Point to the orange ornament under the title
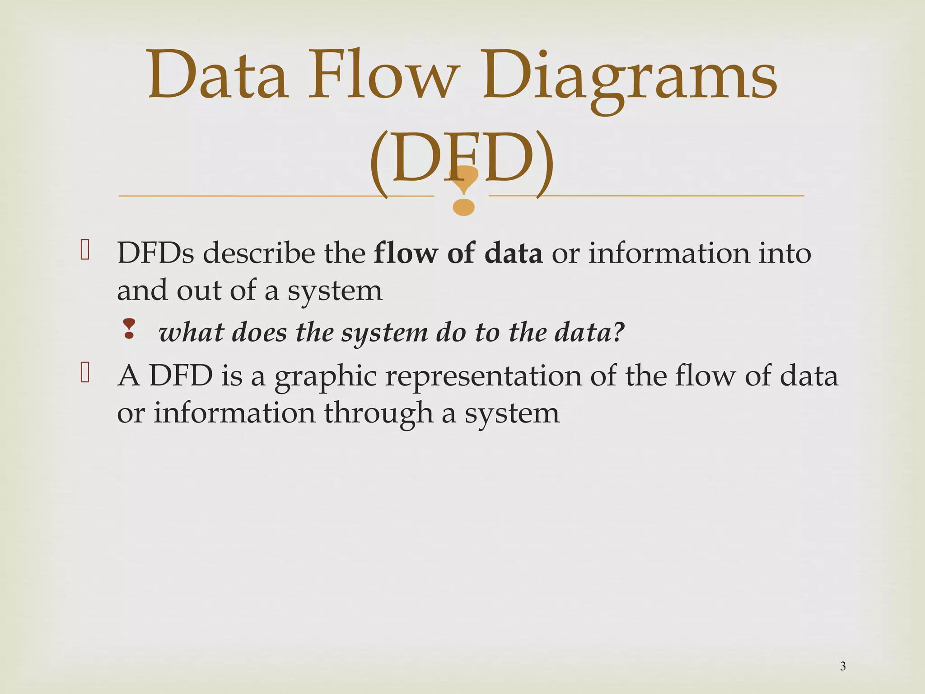click(463, 190)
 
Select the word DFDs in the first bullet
click(155, 253)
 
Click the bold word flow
click(406, 253)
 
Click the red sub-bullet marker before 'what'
click(129, 329)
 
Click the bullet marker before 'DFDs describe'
click(84, 250)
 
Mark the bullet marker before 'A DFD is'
click(84, 373)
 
